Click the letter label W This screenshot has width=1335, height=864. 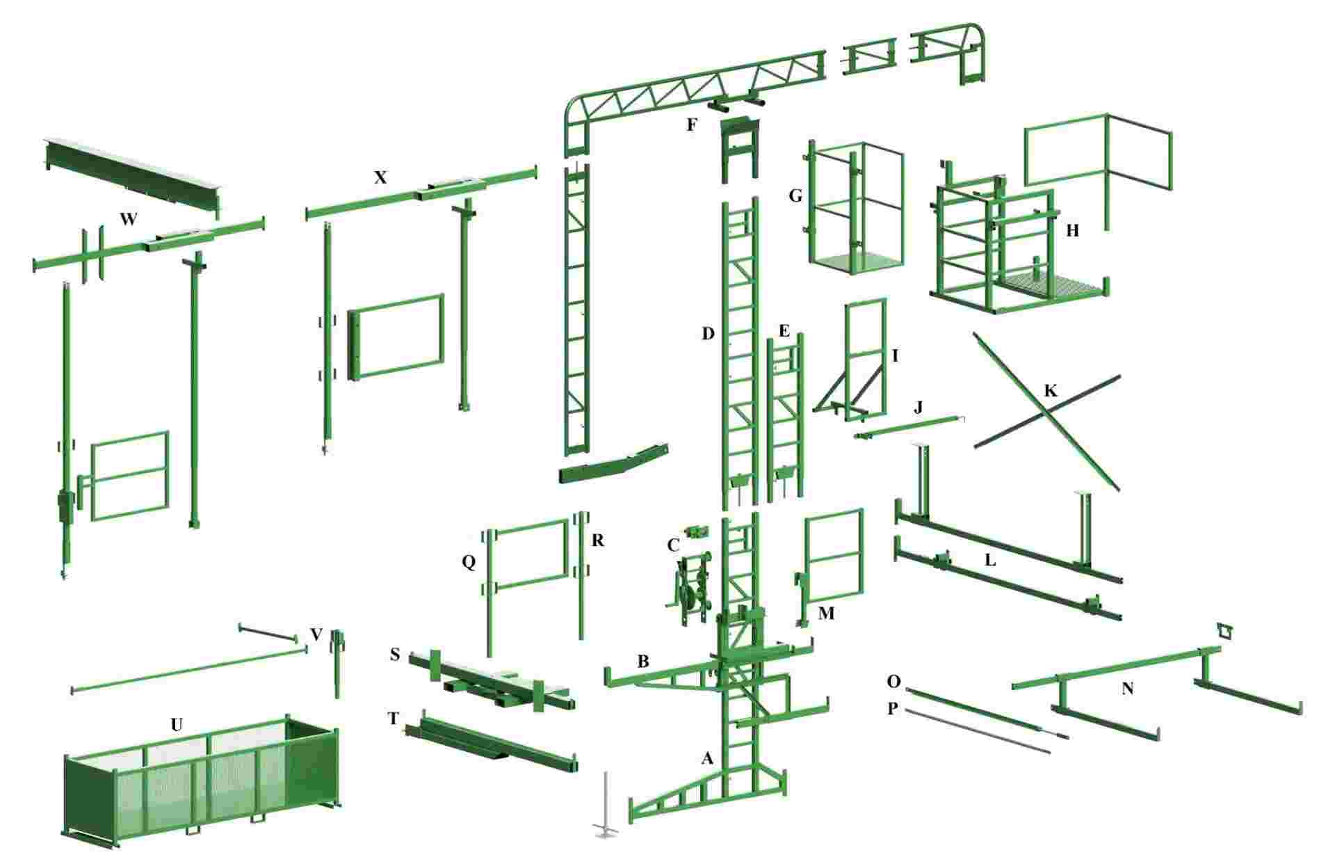tap(128, 220)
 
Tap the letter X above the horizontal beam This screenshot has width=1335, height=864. tap(380, 177)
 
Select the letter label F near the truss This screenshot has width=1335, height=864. tap(691, 125)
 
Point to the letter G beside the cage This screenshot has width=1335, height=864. tap(795, 196)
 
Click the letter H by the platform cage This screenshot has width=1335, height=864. tap(1072, 230)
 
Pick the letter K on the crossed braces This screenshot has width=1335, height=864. tap(1051, 391)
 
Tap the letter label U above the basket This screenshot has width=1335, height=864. tap(177, 725)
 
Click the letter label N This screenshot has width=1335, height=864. tap(1128, 689)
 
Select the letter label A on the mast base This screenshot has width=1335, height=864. tap(707, 758)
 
